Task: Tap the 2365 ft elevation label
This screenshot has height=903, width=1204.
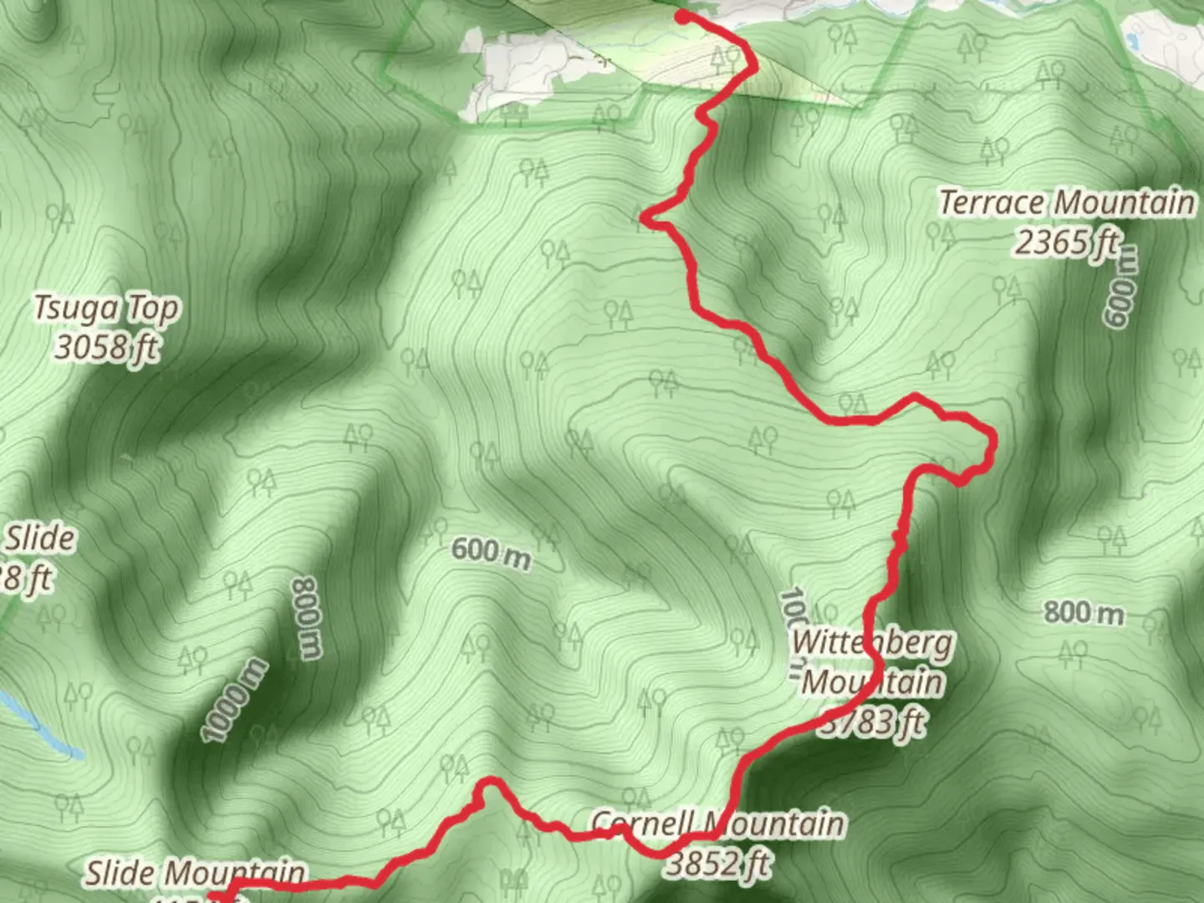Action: tap(1067, 243)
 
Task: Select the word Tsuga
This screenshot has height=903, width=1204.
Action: tap(76, 309)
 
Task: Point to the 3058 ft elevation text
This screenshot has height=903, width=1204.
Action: tap(106, 346)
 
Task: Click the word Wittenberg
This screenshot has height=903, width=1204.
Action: tap(872, 643)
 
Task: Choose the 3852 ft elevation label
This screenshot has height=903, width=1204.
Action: tap(717, 863)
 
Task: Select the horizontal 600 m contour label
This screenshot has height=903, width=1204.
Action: tap(491, 553)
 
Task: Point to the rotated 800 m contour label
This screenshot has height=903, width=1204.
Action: tap(306, 617)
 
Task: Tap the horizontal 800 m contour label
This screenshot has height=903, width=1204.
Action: tap(1084, 613)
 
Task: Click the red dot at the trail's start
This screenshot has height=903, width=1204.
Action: tap(682, 17)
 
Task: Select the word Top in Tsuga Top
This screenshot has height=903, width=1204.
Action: tap(153, 310)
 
